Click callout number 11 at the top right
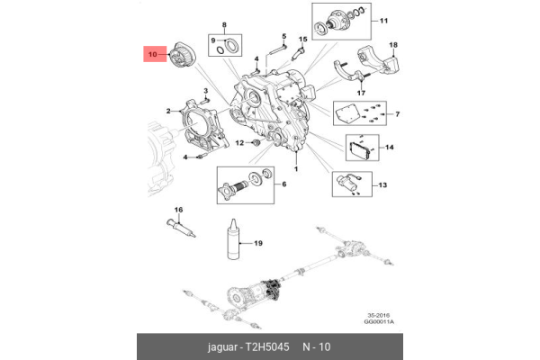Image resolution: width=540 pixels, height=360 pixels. pyautogui.click(x=382, y=20)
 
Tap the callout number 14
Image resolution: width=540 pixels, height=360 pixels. pyautogui.click(x=390, y=147)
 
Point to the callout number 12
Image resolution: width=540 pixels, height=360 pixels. pyautogui.click(x=240, y=144)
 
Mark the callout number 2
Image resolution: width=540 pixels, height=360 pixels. pyautogui.click(x=167, y=111)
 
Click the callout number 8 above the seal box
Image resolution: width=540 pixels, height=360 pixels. pyautogui.click(x=225, y=23)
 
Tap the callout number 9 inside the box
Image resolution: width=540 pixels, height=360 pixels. pyautogui.click(x=213, y=40)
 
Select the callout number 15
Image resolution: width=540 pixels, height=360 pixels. pyautogui.click(x=302, y=40)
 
